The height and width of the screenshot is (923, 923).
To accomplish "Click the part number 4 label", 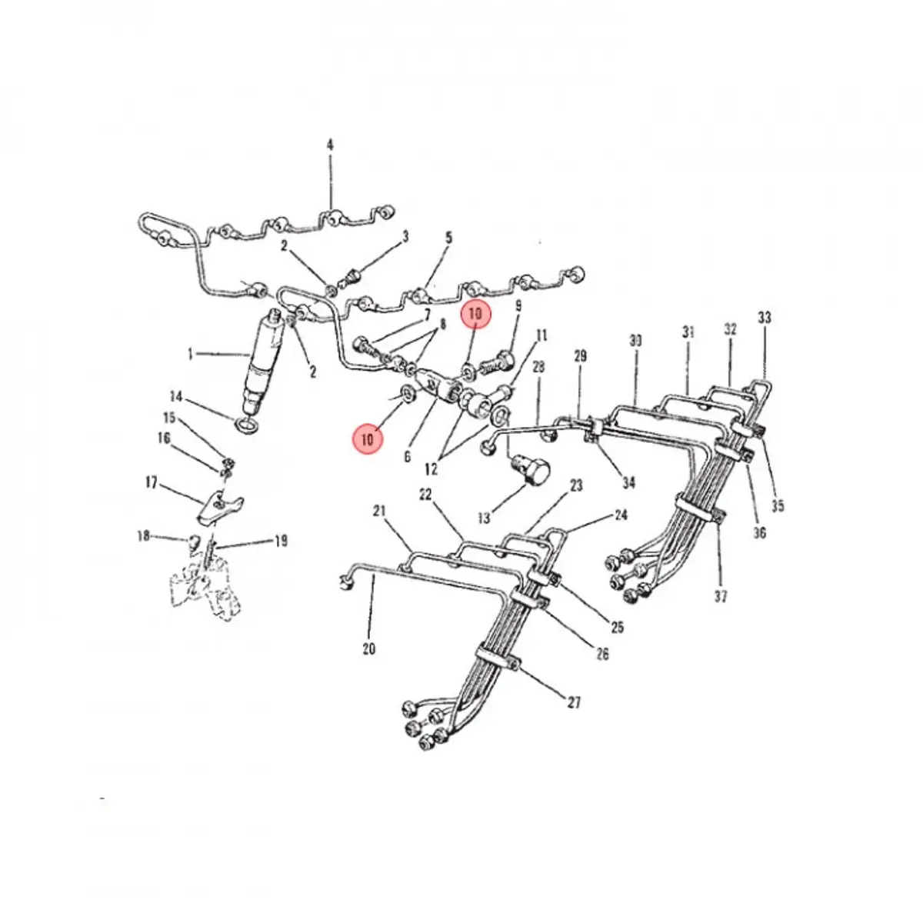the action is [329, 145].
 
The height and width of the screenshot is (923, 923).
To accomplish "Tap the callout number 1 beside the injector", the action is [191, 355].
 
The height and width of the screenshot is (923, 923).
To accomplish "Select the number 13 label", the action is [484, 518].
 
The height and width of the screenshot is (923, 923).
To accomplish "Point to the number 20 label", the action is [368, 649].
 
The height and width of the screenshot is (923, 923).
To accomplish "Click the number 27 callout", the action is [574, 702].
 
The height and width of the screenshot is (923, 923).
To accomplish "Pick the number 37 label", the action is [721, 596].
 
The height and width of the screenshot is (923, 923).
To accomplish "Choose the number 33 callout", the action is [765, 318].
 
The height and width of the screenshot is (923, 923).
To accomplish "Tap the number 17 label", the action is [152, 482].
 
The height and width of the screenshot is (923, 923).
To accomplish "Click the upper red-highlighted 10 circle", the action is [475, 314].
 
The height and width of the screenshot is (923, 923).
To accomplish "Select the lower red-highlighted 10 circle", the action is [368, 438].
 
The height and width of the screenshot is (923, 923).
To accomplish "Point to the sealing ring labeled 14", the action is [245, 424].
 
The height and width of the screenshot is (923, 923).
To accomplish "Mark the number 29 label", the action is [580, 356].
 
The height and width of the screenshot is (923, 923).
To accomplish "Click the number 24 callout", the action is [621, 515].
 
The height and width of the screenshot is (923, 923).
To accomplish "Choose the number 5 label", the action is [448, 238].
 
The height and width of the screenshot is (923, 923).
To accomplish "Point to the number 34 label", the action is [628, 483].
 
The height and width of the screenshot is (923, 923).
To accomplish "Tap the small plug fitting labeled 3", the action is [352, 278].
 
